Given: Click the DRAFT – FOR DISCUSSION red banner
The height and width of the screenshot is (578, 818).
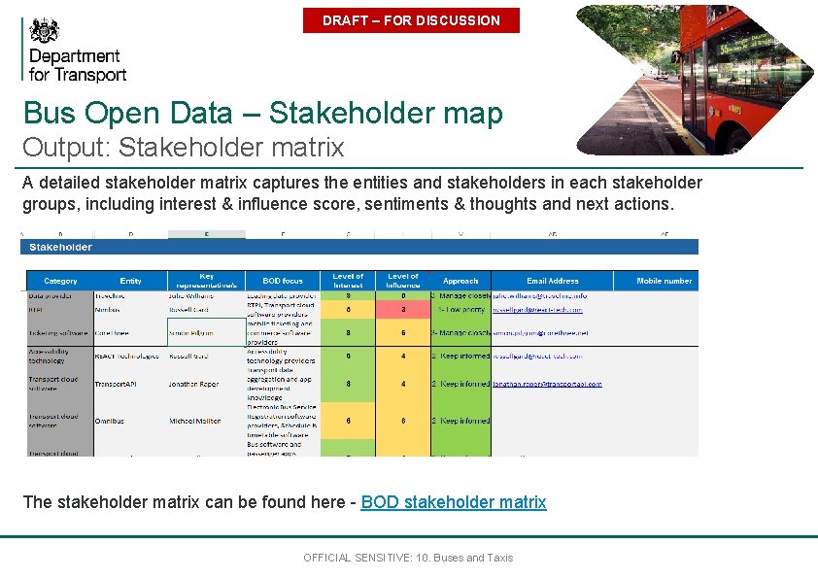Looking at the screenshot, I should click(x=411, y=20).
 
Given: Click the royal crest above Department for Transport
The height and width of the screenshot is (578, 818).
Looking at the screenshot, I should click(x=44, y=32).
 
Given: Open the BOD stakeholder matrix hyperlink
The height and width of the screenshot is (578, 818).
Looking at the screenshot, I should click(x=454, y=502).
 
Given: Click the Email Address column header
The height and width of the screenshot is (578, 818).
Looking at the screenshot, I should click(x=552, y=281).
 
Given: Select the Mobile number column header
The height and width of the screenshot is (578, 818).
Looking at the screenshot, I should click(x=665, y=281).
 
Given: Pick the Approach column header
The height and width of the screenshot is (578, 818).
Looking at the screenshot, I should click(x=460, y=281).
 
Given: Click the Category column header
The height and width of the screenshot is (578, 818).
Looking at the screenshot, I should click(x=60, y=281).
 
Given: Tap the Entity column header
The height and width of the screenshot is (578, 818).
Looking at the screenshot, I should click(x=130, y=281).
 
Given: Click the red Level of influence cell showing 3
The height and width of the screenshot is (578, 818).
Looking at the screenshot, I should click(x=403, y=310).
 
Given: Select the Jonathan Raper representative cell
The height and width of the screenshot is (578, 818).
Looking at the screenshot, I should click(x=195, y=385).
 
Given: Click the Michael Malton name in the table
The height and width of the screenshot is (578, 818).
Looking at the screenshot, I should click(x=195, y=422).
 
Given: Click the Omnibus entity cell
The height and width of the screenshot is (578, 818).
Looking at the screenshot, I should click(x=109, y=422).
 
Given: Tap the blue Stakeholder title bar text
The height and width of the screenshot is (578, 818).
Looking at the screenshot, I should click(x=60, y=247).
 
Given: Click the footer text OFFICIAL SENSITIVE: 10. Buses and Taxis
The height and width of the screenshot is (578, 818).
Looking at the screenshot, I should click(x=408, y=558).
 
